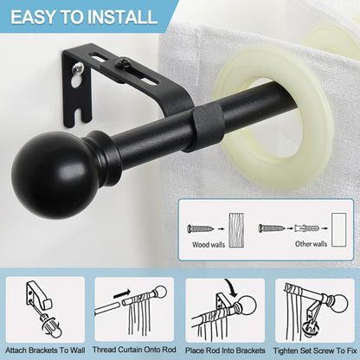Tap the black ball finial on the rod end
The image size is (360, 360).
55,175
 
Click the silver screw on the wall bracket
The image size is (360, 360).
78,68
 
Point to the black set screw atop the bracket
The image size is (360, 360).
121,61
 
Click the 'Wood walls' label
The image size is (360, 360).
209,245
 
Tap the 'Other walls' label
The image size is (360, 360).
311,244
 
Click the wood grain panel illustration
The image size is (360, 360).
236,230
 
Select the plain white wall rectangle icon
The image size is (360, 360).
338,230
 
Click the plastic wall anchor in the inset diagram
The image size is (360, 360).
306,228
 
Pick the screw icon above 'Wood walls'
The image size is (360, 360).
200,228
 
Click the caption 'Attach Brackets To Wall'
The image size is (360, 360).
45,350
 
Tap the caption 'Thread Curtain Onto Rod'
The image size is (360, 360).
134,350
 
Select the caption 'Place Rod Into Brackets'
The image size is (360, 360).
225,350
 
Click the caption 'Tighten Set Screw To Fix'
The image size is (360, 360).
315,350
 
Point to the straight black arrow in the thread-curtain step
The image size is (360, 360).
122,294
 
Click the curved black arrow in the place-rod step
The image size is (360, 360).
231,287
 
